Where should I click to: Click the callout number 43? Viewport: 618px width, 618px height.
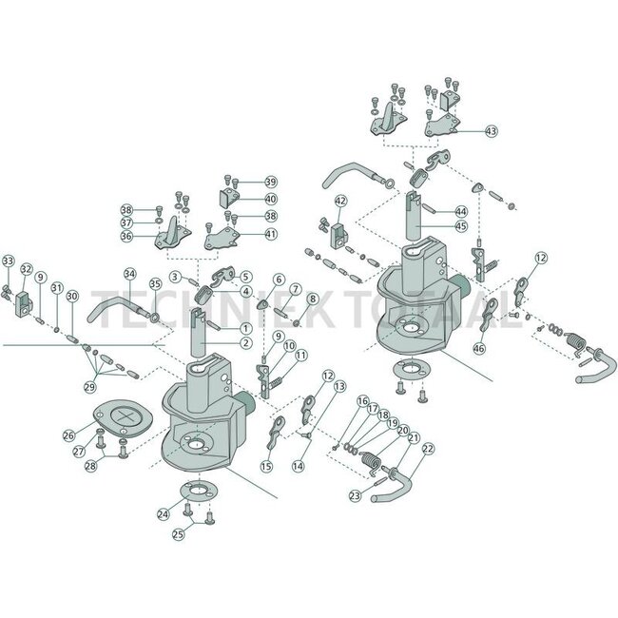point(492,131)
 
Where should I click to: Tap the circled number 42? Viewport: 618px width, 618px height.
point(341,201)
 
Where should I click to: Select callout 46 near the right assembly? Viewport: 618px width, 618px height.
point(479,348)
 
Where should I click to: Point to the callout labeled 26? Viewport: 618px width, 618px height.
point(69,435)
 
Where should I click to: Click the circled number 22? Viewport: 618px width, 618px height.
point(428,449)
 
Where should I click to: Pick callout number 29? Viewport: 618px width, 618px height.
point(90,387)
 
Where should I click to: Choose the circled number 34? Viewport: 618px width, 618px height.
point(129,274)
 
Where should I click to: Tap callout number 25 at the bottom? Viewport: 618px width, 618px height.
point(178,534)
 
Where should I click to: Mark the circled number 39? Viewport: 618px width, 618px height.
point(271,183)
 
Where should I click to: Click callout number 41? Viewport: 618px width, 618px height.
point(271,234)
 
